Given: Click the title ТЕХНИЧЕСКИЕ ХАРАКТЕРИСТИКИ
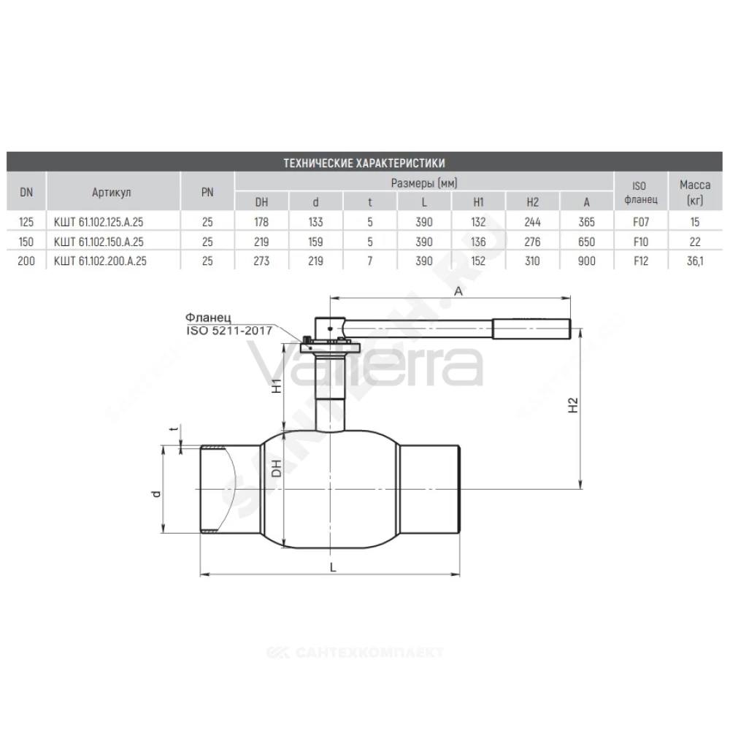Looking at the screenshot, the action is [364, 163].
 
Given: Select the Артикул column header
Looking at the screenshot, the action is [111, 192].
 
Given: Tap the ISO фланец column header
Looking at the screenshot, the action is [641, 192].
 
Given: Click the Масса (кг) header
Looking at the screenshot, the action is [695, 192].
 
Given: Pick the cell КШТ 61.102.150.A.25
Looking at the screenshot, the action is [99, 242].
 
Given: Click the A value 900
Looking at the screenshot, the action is [587, 261].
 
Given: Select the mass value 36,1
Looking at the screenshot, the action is [695, 261].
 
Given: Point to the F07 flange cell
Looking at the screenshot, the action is [641, 222].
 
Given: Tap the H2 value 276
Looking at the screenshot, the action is [532, 242].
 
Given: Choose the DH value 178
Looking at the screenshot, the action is [261, 222].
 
